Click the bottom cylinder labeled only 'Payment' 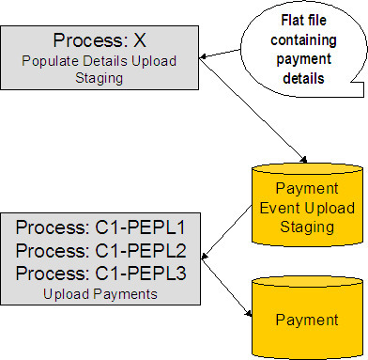coord(308,320)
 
